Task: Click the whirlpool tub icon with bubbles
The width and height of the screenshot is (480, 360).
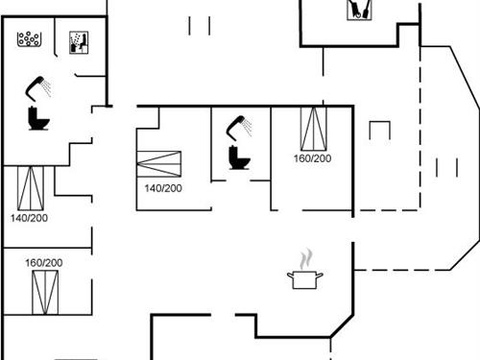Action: (x=30, y=40)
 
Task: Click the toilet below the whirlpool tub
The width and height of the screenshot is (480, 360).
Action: (x=38, y=119)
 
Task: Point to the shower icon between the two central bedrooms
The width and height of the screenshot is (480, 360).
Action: (x=237, y=126)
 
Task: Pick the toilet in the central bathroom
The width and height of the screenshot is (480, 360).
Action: (x=238, y=157)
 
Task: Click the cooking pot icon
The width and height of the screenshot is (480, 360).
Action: (x=304, y=279)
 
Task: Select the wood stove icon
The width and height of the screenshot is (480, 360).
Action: (x=359, y=10)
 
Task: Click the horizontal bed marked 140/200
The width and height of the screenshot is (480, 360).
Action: (x=161, y=161)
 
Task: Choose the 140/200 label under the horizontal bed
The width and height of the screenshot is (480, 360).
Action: (x=162, y=188)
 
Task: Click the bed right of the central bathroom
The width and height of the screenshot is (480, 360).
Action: (x=313, y=129)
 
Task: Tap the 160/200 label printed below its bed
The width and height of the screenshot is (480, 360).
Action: (x=312, y=158)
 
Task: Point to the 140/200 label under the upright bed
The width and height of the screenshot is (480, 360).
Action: (x=30, y=218)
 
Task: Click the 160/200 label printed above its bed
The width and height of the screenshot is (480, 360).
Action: (x=43, y=262)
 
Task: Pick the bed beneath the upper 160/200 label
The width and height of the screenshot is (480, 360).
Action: (x=44, y=293)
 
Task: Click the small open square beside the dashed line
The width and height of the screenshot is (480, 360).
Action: (x=380, y=131)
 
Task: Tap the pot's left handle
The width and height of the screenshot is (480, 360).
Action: (x=290, y=276)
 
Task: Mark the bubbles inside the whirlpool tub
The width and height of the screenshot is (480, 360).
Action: (x=30, y=38)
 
